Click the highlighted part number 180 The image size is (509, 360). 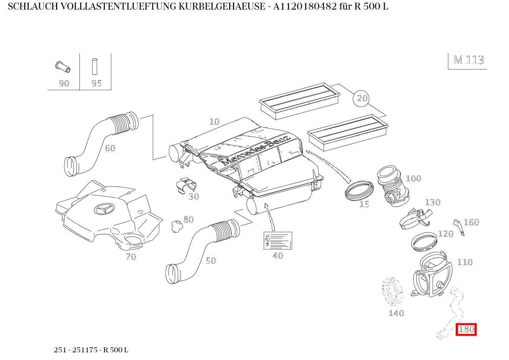pos(466,329)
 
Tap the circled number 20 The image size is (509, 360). pos(362,98)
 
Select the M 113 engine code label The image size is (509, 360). pos(468,60)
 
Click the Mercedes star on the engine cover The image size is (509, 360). pos(104,209)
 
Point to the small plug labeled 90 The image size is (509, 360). pos(63,66)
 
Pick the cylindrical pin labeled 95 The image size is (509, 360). pos(94,66)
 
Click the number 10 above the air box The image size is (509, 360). pos(214,122)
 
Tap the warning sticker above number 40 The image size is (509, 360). pos(278,240)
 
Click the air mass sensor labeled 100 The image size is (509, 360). pos(392,186)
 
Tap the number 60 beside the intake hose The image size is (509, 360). pos(110,148)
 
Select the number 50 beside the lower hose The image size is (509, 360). pos(211,261)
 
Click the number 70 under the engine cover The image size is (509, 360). pos(131,257)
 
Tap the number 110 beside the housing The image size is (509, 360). pos(464,262)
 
